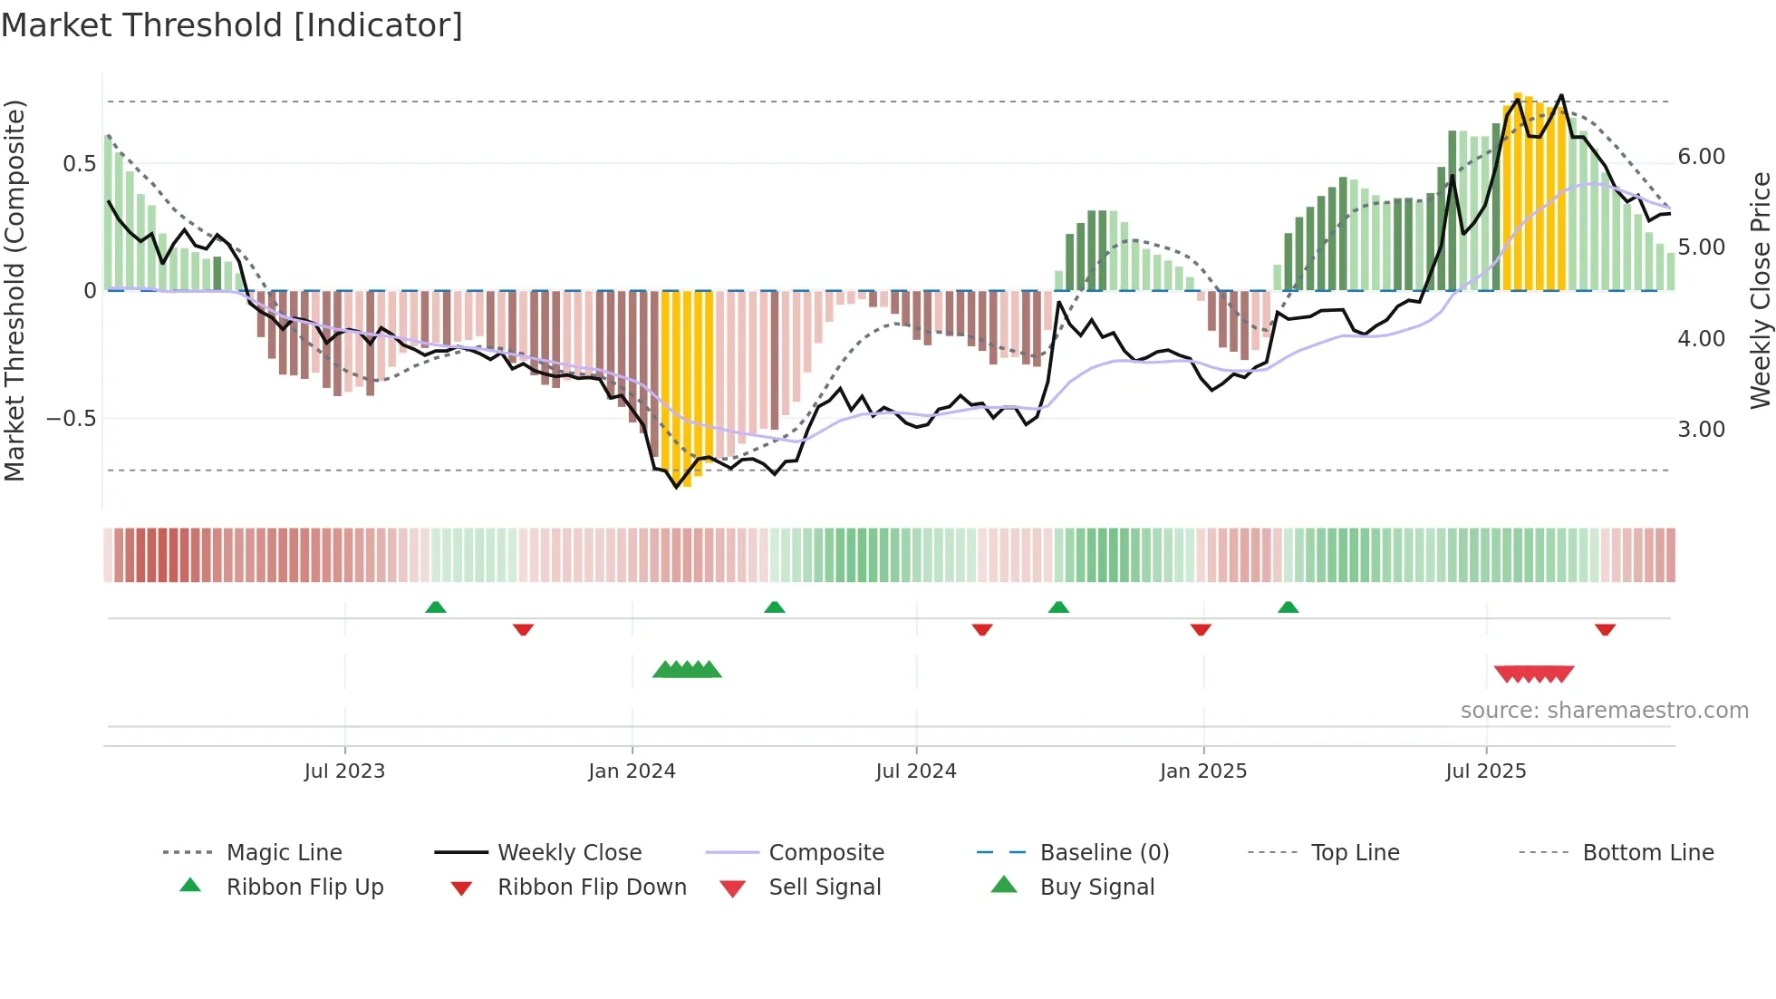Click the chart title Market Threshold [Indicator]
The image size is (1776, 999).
232,25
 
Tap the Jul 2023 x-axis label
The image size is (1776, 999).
344,771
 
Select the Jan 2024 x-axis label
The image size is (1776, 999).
632,771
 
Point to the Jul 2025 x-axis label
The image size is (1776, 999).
1486,771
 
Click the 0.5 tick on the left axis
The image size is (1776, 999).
79,164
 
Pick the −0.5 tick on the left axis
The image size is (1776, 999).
71,419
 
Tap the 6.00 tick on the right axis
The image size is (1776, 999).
1701,157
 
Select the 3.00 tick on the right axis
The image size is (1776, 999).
1701,430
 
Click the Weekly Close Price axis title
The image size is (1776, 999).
1760,290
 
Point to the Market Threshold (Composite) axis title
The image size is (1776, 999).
14,290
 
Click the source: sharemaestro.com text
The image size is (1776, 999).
1604,711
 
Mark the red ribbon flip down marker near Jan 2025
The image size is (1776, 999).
1201,629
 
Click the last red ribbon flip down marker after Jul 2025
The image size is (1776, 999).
1605,629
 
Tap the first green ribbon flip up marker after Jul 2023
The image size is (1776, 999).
436,607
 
